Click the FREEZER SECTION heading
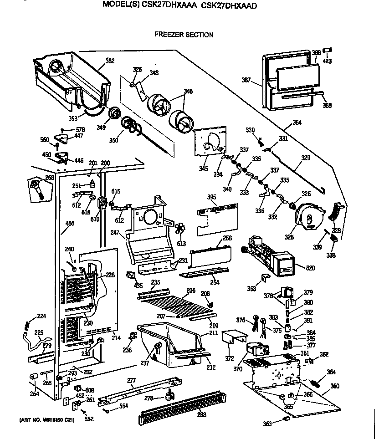click(184, 35)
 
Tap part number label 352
click(110, 61)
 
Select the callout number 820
click(310, 268)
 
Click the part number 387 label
click(246, 81)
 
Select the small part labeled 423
click(328, 50)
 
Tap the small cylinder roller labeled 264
click(33, 376)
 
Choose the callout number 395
click(211, 197)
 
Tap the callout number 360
click(335, 386)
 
